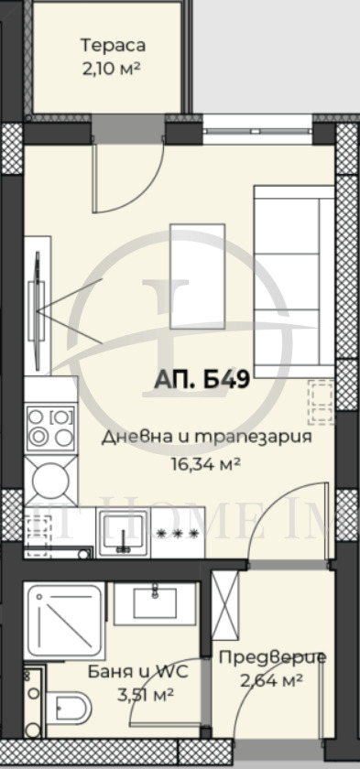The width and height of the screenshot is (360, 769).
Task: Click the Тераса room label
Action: (x=113, y=45)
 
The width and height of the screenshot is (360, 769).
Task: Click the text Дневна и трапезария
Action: (x=207, y=437)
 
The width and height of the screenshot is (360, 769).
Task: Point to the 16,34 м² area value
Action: (x=206, y=464)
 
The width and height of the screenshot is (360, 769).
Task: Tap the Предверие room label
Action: (x=271, y=657)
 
